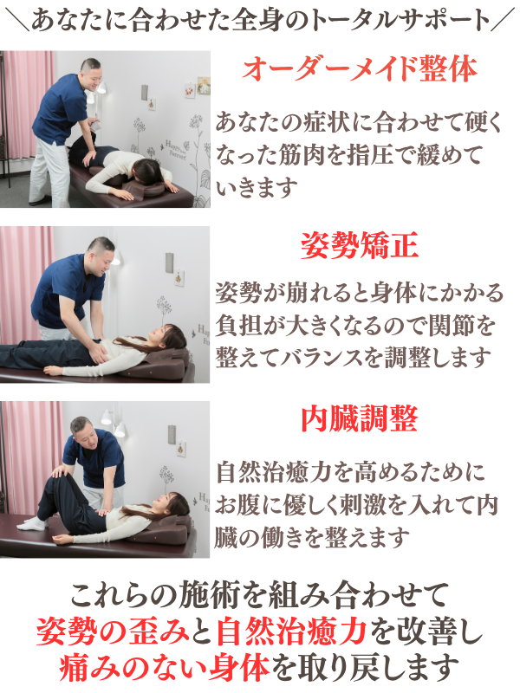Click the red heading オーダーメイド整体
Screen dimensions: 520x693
click(x=360, y=69)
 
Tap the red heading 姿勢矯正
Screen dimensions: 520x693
click(x=359, y=246)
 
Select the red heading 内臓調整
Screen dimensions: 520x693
click(x=359, y=419)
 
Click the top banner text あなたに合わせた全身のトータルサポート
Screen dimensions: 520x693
click(x=261, y=19)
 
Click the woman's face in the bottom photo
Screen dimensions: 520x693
click(x=163, y=504)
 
